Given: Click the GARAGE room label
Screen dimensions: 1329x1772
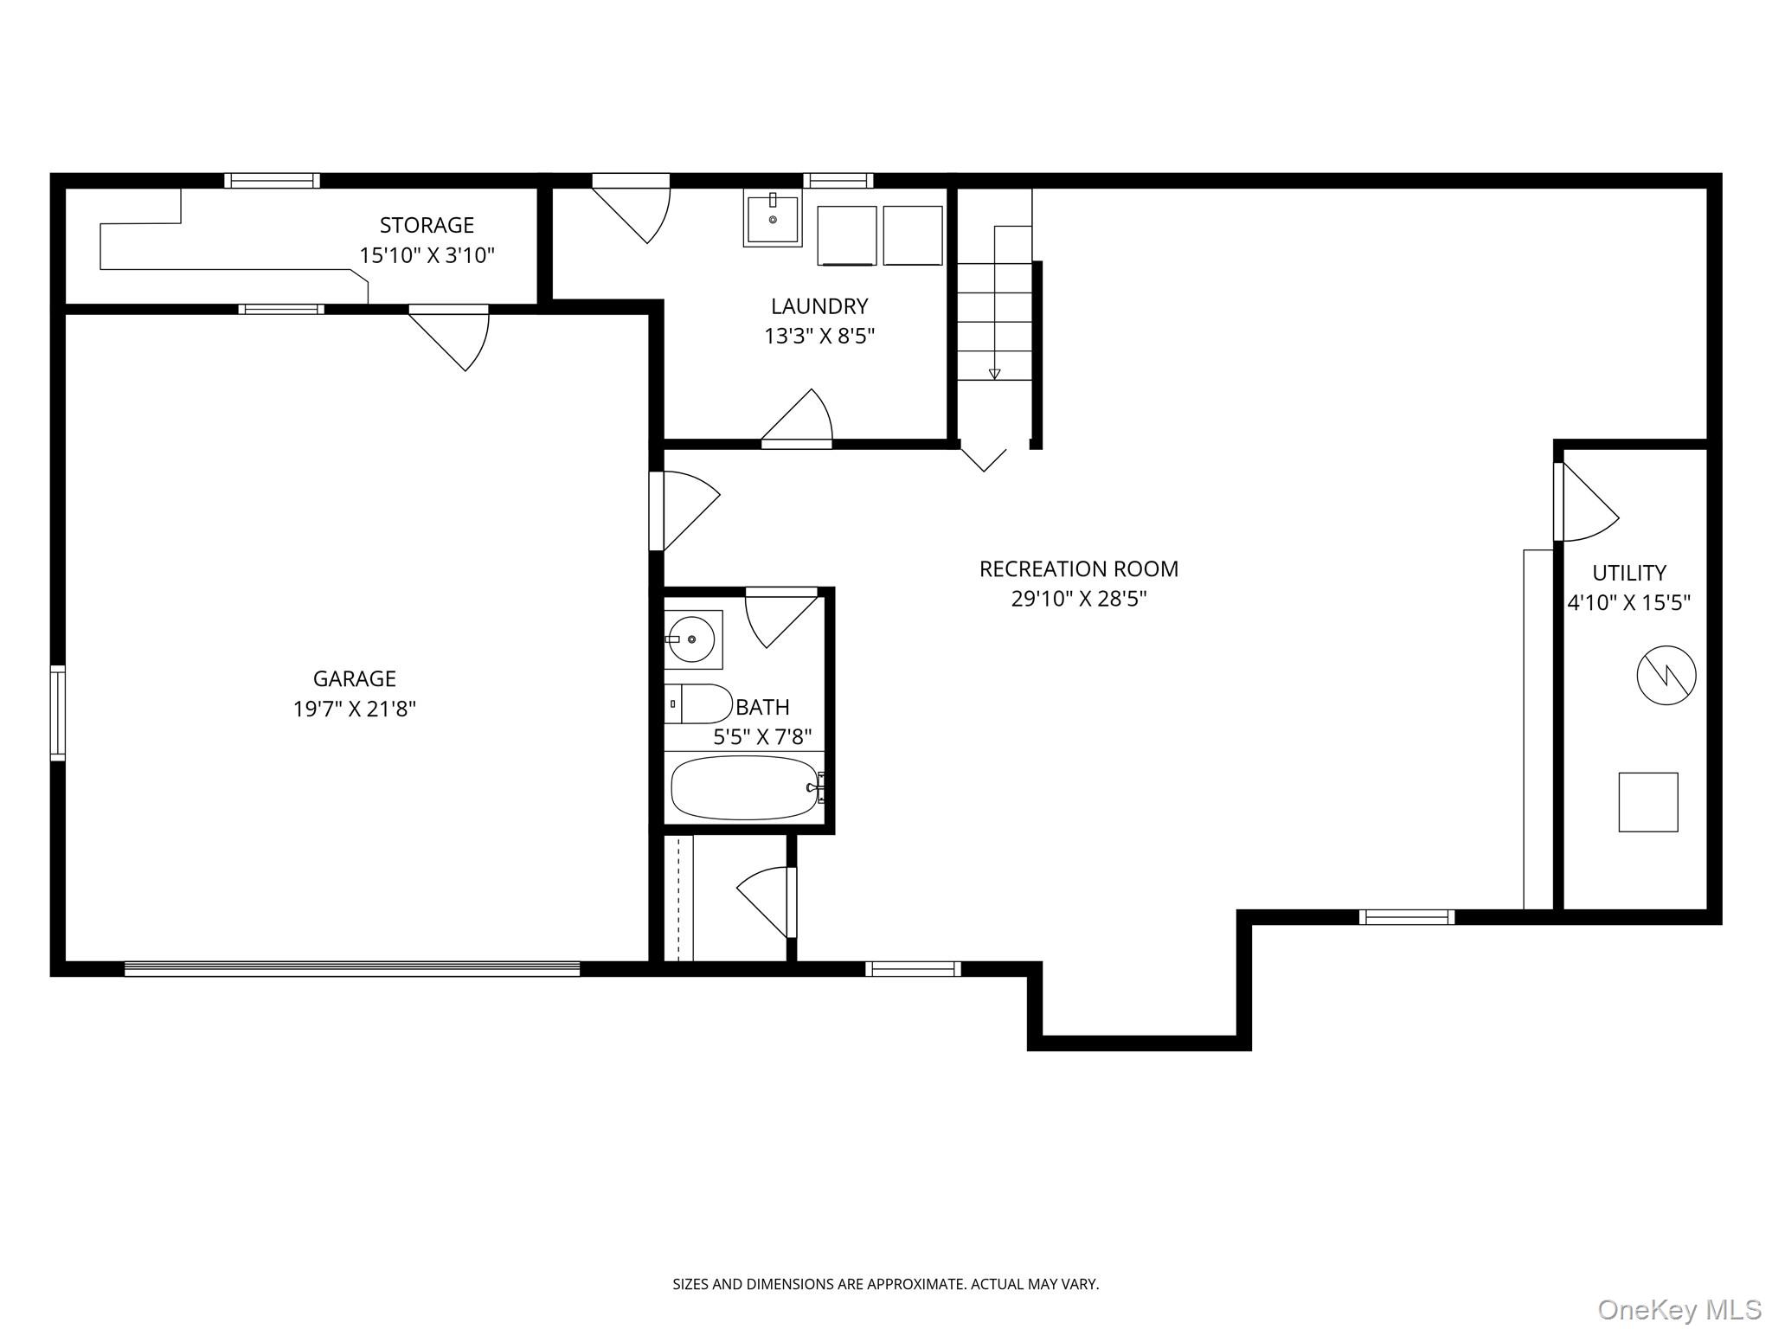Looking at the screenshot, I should (x=354, y=679).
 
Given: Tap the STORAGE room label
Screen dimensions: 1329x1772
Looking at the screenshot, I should (x=427, y=225).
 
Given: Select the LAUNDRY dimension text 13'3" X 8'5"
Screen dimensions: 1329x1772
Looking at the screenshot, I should (x=819, y=337).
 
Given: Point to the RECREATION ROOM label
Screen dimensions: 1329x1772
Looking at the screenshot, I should (x=1078, y=569).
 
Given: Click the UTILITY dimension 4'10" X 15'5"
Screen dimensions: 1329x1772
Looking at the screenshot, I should (x=1628, y=603).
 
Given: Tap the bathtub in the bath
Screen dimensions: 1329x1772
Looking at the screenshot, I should (x=745, y=787).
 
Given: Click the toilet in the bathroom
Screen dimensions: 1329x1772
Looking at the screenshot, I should (x=699, y=703).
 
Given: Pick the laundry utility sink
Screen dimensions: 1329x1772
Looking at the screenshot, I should (x=772, y=219).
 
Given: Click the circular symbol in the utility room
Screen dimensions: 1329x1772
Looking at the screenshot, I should (x=1666, y=675).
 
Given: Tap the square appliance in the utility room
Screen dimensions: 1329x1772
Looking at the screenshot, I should (x=1647, y=802).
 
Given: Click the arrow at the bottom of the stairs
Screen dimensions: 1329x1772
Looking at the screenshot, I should (x=994, y=374).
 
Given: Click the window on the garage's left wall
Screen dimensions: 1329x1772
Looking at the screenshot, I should (x=57, y=712).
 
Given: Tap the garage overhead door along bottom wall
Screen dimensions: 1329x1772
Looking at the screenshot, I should (x=351, y=968).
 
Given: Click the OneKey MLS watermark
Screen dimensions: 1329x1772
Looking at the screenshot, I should (x=1679, y=1309).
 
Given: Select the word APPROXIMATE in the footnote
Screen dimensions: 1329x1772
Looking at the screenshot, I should (x=915, y=1284).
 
